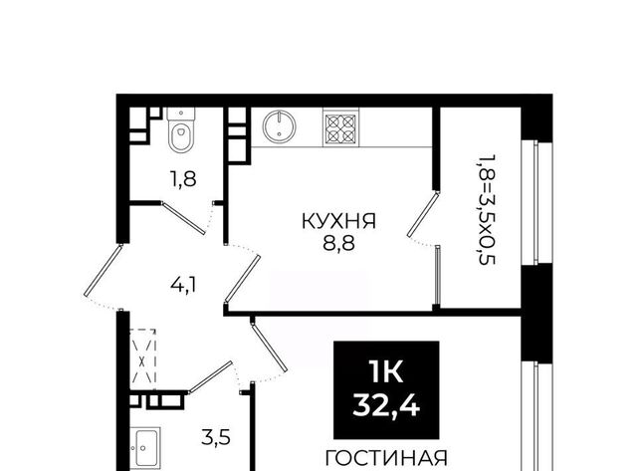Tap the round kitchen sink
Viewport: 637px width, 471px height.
(279, 126)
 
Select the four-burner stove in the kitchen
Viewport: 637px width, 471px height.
(340, 127)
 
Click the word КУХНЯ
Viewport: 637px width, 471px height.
(338, 221)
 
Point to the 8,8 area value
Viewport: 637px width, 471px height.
(339, 243)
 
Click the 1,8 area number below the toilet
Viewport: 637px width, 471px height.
(183, 179)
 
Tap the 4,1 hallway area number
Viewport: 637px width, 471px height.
(183, 285)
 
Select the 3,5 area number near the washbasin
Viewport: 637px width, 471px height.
(216, 438)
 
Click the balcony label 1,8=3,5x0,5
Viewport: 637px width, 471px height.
(487, 209)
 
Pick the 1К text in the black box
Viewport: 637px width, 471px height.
(386, 371)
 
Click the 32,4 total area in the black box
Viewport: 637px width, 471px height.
(386, 405)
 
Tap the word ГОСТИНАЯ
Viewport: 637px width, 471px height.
(386, 458)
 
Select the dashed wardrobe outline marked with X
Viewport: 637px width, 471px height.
(142, 355)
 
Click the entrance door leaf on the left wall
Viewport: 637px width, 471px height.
(104, 270)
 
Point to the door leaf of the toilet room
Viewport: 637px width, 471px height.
(183, 218)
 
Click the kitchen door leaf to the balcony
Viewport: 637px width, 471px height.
(424, 214)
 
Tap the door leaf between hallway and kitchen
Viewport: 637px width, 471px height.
(243, 279)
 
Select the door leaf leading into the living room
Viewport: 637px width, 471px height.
(269, 347)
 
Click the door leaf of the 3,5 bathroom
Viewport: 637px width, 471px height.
(210, 376)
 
